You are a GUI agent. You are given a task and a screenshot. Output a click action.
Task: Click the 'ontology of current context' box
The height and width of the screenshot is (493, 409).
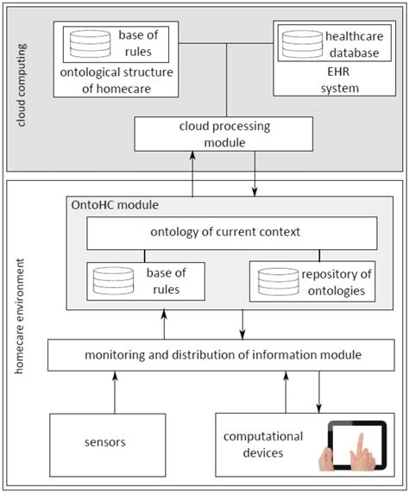pyautogui.click(x=232, y=233)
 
